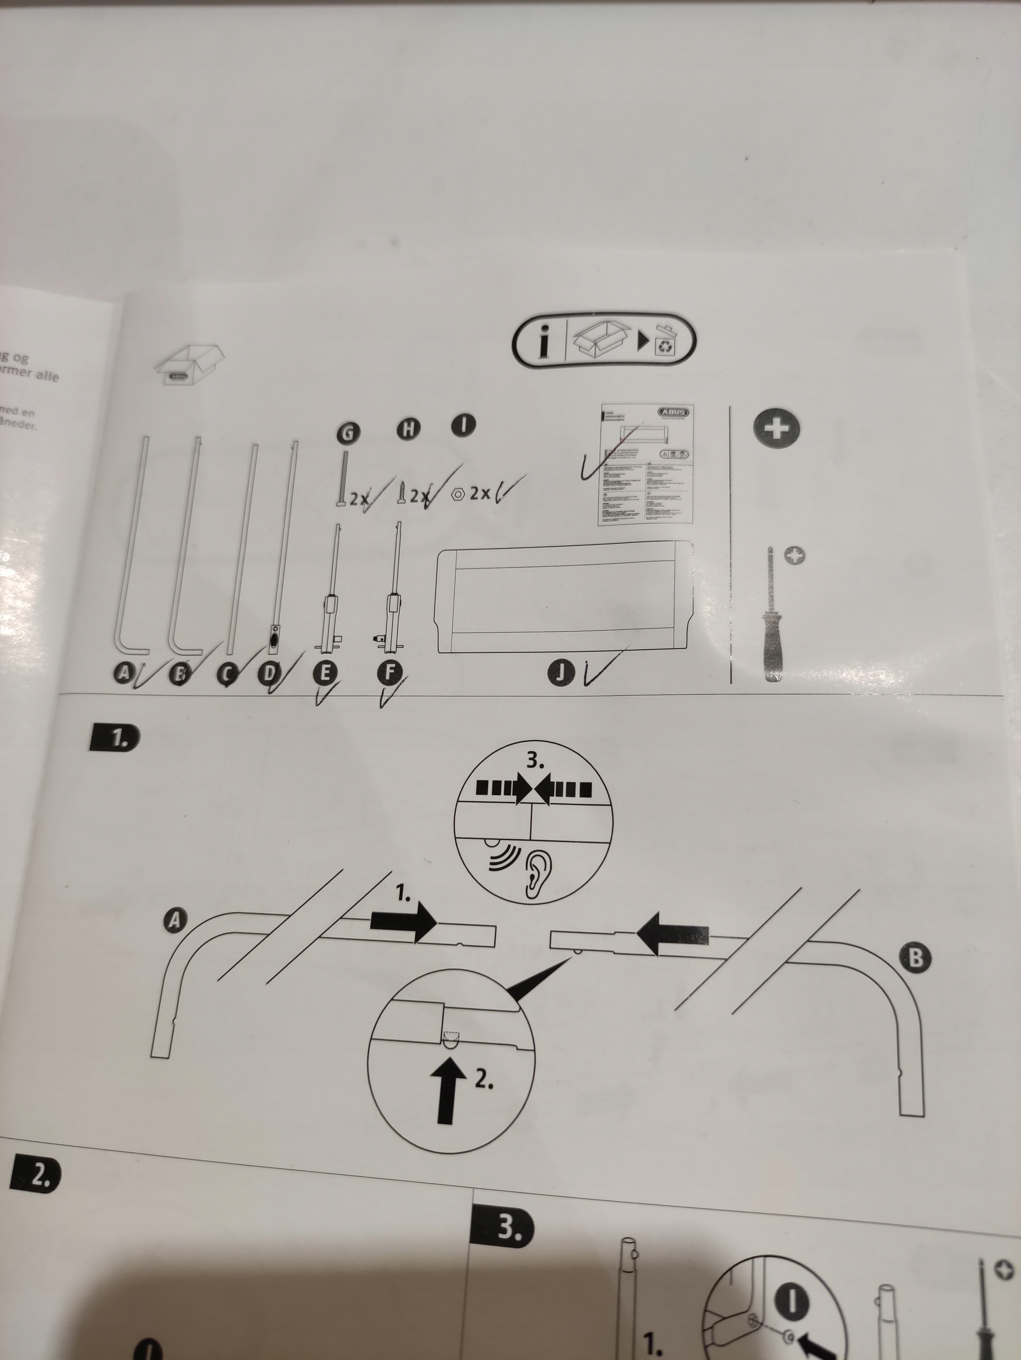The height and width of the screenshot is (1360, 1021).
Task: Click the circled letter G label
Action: (347, 433)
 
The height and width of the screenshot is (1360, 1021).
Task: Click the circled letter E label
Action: (325, 673)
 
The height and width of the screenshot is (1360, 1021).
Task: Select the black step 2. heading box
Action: (35, 1174)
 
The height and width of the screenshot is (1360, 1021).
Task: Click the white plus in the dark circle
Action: (777, 427)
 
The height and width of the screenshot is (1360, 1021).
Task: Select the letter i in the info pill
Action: (543, 341)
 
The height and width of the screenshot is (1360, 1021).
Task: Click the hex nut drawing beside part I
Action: (457, 494)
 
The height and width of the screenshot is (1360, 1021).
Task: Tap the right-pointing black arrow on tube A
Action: (403, 922)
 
